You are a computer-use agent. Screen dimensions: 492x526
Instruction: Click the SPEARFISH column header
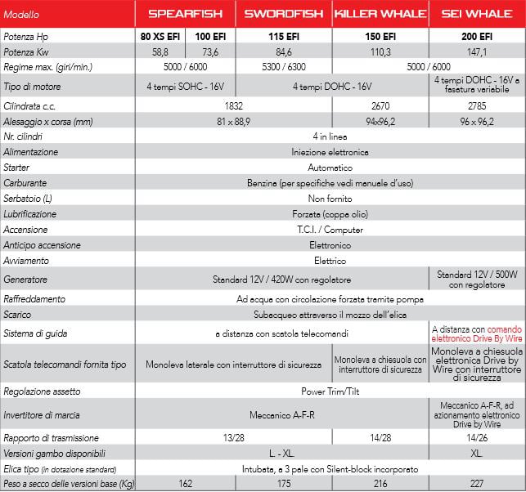click(187, 14)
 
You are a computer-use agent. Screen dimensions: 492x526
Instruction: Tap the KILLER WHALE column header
click(379, 14)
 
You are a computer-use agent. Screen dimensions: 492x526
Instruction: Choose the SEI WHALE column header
click(476, 14)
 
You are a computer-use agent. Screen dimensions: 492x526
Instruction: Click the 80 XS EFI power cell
click(160, 37)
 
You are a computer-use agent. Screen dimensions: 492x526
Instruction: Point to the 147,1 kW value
click(476, 51)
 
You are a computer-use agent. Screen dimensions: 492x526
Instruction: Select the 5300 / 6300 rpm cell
click(284, 65)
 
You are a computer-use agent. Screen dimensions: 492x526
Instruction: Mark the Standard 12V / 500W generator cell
click(476, 279)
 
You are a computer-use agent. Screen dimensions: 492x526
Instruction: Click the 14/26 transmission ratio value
click(476, 437)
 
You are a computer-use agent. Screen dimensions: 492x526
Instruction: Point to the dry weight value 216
click(379, 484)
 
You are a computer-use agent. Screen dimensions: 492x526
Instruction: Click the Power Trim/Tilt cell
click(330, 391)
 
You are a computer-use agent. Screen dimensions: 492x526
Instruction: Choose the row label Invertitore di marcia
click(41, 415)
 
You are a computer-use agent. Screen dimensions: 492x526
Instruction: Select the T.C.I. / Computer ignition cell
click(330, 230)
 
